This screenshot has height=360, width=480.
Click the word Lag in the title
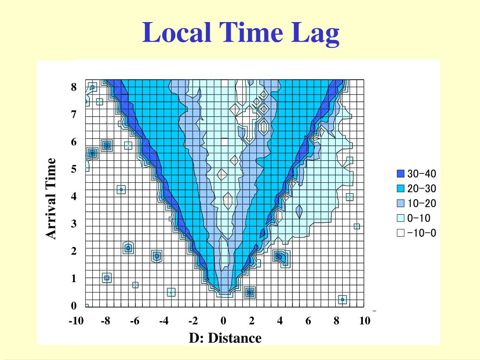pos(315,34)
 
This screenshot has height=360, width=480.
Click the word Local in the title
pos(177,32)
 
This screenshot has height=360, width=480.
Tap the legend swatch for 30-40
pos(400,173)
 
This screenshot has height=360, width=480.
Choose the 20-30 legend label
pos(421,188)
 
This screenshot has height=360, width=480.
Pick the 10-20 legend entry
pos(416,203)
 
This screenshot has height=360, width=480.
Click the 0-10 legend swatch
pos(400,218)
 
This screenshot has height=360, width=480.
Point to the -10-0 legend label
pos(421,233)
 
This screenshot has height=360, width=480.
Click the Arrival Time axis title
pos(51,198)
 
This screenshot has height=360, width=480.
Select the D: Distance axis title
pos(225,338)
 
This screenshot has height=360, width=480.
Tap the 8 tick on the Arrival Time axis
pos(74,87)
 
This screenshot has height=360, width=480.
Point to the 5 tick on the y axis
pos(74,169)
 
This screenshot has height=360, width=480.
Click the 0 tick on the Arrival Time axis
pos(74,306)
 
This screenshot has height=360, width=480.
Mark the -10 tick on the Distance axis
pos(76,321)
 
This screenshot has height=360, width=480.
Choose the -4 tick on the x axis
pos(164,321)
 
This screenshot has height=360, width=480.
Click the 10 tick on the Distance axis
pos(365,321)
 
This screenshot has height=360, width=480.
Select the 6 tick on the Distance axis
pos(308,321)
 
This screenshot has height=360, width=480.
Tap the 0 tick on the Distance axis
pos(224,321)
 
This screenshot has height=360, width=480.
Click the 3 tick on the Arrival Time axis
pos(74,224)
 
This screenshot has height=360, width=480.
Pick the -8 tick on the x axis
pos(105,321)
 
